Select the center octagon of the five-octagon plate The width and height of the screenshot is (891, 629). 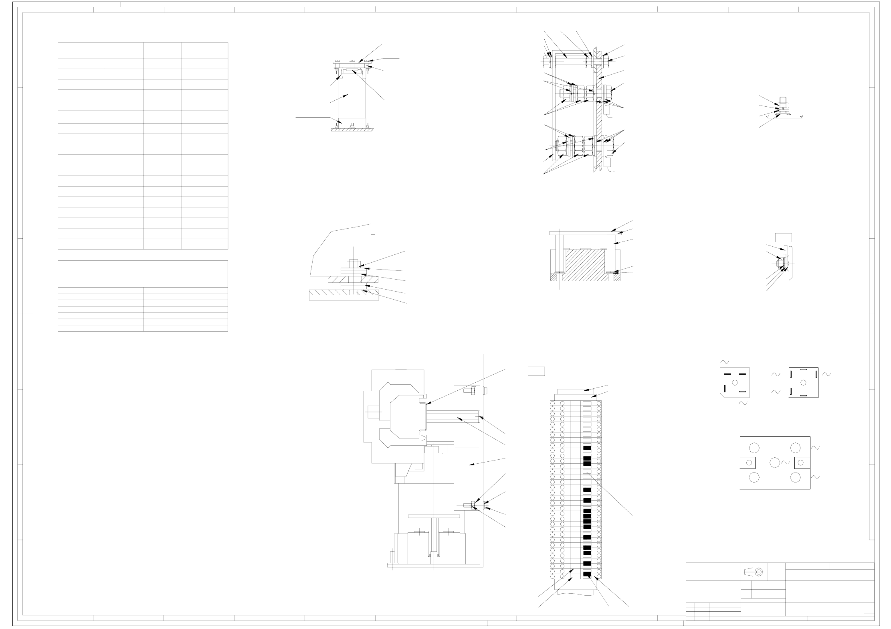tap(775, 463)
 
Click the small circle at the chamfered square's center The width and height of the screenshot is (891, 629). tap(735, 383)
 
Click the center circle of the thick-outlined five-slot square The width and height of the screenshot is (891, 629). tap(803, 383)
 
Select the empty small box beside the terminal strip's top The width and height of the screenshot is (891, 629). tap(536, 371)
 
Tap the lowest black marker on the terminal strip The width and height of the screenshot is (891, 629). tap(587, 574)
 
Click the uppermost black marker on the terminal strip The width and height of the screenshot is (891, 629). tap(587, 448)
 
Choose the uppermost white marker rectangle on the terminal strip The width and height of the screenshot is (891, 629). tap(587, 403)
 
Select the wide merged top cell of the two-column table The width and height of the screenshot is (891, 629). tap(143, 274)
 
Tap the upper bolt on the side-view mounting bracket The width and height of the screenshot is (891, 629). tap(469, 390)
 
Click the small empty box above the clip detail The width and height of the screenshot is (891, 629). tap(783, 237)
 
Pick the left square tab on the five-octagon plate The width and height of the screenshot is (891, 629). tap(748, 463)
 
